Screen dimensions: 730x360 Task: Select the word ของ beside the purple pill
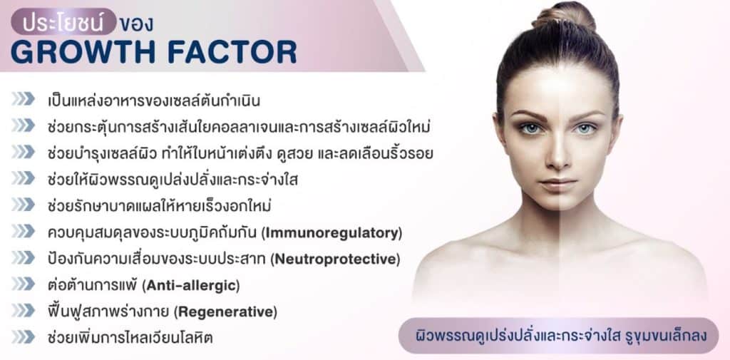click(136, 24)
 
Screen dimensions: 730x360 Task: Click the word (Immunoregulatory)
click(333, 233)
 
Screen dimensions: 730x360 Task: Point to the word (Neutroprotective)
click(335, 259)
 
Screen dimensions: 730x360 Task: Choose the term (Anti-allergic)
click(191, 285)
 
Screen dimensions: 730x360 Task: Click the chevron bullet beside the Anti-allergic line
click(24, 284)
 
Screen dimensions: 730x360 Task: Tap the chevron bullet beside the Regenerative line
click(24, 310)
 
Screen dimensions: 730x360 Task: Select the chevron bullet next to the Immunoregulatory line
click(24, 231)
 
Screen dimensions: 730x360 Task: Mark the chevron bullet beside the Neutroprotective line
click(24, 257)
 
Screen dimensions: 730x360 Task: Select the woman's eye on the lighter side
click(585, 129)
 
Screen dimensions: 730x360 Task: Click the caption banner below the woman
click(558, 335)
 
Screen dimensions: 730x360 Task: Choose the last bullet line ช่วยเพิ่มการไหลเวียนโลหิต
click(130, 338)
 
